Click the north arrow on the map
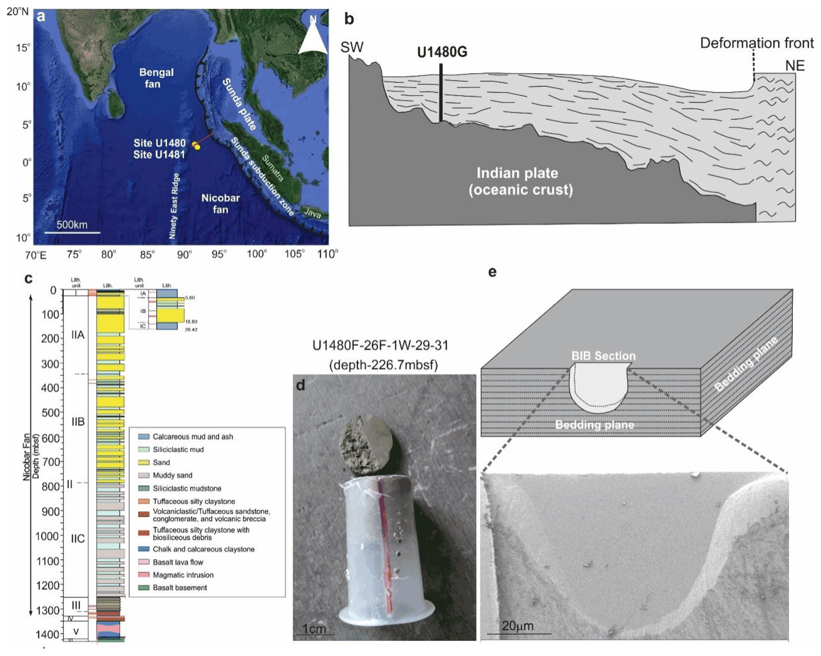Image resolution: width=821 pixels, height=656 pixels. coord(313,37)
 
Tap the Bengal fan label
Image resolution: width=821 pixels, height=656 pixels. coord(156,78)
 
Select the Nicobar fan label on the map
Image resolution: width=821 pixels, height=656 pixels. coord(220,203)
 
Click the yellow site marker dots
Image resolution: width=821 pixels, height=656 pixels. coord(196,146)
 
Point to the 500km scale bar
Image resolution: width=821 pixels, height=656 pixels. coord(72,232)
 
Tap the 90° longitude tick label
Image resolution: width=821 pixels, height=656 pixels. coord(184,255)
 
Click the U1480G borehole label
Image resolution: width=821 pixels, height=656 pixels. coord(442,52)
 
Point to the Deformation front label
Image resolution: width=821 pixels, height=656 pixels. coord(756,43)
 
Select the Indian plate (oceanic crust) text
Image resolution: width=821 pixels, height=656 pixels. coord(520,181)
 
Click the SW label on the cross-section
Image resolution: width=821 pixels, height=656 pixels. coord(352,47)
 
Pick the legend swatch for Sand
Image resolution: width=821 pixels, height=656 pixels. coord(143,462)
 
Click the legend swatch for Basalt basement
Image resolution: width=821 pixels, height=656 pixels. coord(143,587)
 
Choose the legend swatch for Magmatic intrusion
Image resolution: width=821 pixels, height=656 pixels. coord(143,575)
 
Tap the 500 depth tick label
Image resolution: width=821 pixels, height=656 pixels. coord(50,413)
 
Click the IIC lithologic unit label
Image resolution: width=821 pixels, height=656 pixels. coord(78,538)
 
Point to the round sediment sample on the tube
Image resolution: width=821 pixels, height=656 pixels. coord(366,444)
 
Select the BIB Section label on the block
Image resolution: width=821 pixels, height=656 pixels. coord(603,356)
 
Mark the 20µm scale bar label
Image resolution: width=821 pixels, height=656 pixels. coord(518,626)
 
